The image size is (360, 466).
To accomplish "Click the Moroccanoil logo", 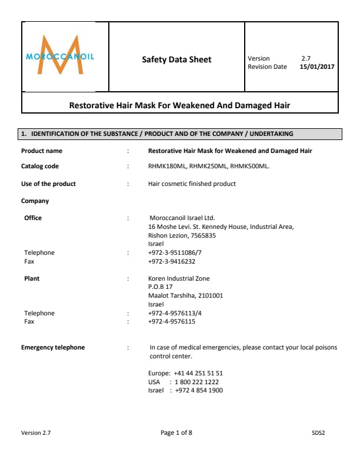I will click(60, 56).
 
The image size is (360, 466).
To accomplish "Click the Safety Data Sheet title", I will click(176, 59).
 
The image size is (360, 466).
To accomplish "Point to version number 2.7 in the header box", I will click(306, 58).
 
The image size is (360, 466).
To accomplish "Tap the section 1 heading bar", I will click(181, 134).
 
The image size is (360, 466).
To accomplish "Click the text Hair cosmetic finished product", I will click(192, 184).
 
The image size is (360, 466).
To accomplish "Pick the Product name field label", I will click(42, 151).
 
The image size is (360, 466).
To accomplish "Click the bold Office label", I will click(33, 218).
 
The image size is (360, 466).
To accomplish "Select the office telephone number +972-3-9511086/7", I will click(175, 252).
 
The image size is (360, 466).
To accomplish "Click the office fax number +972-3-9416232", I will click(172, 261).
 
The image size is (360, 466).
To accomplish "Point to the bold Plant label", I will click(32, 278).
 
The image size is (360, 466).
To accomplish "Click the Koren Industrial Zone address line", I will click(179, 278).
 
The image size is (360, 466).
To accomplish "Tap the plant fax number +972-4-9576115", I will click(172, 322).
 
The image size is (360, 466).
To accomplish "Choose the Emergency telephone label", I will click(53, 347).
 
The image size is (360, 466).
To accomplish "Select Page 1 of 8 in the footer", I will click(176, 433).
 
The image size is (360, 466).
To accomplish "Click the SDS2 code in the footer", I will click(318, 433).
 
